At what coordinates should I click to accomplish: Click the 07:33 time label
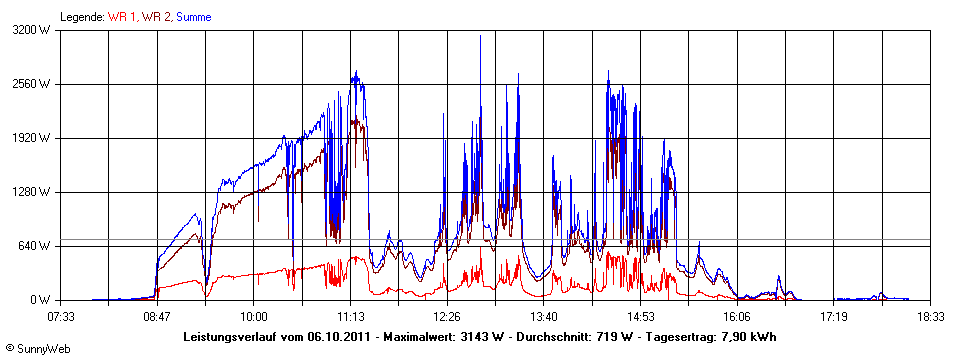point(61,317)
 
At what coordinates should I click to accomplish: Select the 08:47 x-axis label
point(157,317)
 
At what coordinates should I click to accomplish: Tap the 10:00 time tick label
point(254,317)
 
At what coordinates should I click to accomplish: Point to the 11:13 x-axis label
point(350,317)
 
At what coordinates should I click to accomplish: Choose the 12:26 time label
point(447,317)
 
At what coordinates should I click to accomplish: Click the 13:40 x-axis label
point(543,317)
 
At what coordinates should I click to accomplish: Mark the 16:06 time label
point(737,317)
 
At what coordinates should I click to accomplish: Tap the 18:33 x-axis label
point(930,317)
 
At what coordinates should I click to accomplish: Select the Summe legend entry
point(193,17)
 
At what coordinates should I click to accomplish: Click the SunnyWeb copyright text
point(39,351)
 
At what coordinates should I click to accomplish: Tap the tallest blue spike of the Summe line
point(481,37)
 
